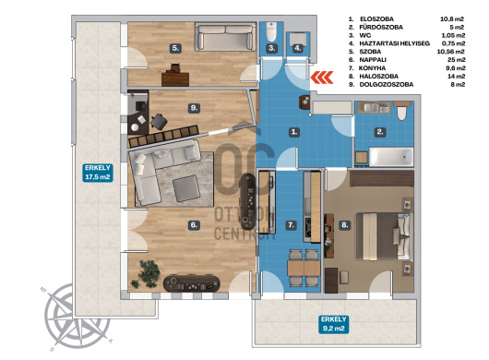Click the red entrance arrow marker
coord(322,78)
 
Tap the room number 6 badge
coord(194,225)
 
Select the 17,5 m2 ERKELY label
coord(98,173)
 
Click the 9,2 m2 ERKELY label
coord(333,324)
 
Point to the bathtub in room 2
coord(391,157)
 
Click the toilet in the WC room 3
coord(271,31)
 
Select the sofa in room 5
coord(224,37)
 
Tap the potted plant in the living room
coord(146,273)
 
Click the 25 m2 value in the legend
coord(457,60)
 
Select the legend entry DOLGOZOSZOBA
coord(387,85)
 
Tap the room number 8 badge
coord(344,225)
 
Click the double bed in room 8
coord(385,236)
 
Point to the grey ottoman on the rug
coord(186,188)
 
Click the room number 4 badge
coord(298,48)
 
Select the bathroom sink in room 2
coord(373,108)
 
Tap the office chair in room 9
coord(159,121)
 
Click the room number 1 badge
coord(294,132)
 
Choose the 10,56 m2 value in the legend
coord(451,52)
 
